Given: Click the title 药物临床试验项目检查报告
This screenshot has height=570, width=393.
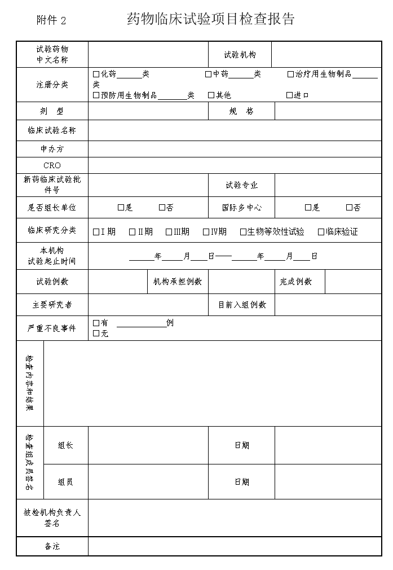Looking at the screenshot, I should (x=211, y=19).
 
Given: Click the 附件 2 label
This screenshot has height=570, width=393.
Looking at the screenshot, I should (x=51, y=21).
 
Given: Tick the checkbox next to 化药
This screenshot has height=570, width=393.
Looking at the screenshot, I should (x=96, y=74).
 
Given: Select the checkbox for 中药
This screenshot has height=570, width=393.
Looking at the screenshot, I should (x=209, y=74).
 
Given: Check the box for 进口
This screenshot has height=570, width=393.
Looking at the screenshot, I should (x=289, y=95).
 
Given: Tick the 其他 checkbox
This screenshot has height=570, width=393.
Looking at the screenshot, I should (x=211, y=95).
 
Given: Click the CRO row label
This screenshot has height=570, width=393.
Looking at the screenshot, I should (x=52, y=165).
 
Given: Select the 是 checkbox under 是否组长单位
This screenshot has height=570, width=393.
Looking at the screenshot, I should (x=121, y=208).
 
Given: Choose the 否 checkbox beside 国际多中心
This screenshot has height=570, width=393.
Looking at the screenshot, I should (x=349, y=208).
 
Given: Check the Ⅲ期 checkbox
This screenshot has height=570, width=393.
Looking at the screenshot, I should (x=169, y=232).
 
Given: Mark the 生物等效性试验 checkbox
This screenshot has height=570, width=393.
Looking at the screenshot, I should (x=243, y=232).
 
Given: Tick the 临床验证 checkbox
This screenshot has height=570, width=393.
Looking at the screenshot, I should (x=321, y=232).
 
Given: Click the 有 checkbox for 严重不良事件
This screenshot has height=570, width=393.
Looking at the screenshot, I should (x=96, y=323).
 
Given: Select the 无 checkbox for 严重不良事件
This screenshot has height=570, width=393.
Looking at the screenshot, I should (x=96, y=334).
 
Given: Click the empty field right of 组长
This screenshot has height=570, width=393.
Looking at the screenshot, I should (x=148, y=445).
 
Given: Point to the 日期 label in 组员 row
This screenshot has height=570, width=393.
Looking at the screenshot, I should (x=241, y=482).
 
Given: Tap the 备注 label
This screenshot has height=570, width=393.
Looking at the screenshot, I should (x=52, y=546).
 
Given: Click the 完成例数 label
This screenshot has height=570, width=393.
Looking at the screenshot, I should (x=296, y=282).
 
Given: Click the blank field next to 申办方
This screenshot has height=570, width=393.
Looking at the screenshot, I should (x=235, y=149).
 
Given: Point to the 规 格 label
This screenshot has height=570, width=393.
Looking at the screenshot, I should (x=241, y=112).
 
